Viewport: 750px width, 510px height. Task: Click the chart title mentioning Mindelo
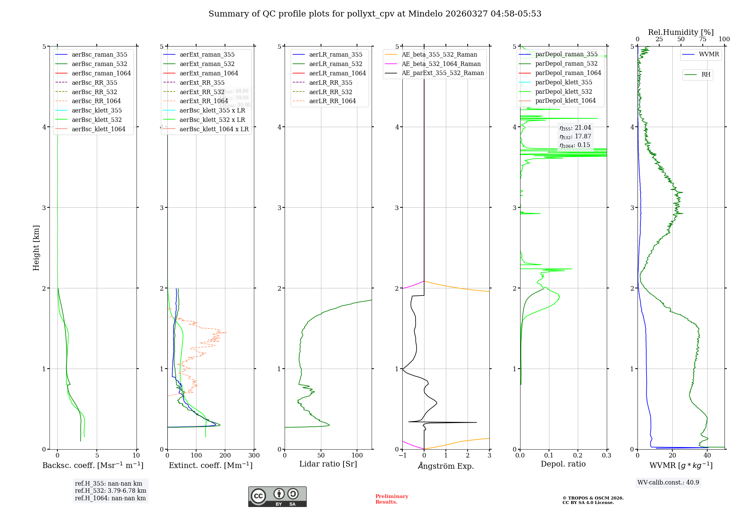point(375,14)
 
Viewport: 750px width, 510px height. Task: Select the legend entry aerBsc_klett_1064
point(98,129)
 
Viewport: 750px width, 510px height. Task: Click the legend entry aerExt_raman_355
point(207,54)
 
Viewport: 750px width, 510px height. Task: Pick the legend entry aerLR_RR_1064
point(332,101)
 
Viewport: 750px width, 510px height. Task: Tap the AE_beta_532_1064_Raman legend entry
point(441,64)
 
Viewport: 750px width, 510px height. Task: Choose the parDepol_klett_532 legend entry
point(564,91)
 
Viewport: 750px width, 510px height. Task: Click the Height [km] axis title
point(36,247)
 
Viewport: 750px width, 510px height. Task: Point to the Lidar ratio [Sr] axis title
point(328,464)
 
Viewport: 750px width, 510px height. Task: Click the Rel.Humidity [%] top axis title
point(681,32)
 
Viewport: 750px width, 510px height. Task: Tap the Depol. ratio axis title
point(563,464)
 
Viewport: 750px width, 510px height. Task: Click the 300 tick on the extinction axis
point(254,456)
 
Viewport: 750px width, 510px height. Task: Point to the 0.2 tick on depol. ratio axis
point(578,456)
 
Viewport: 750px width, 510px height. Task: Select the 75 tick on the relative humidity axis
point(702,39)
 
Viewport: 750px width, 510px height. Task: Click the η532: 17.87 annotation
point(575,136)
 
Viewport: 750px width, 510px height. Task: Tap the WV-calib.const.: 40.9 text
point(668,482)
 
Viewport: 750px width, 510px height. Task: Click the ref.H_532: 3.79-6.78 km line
point(110,491)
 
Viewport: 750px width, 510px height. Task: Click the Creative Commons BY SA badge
point(277,496)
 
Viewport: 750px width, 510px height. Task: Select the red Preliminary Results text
point(391,499)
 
